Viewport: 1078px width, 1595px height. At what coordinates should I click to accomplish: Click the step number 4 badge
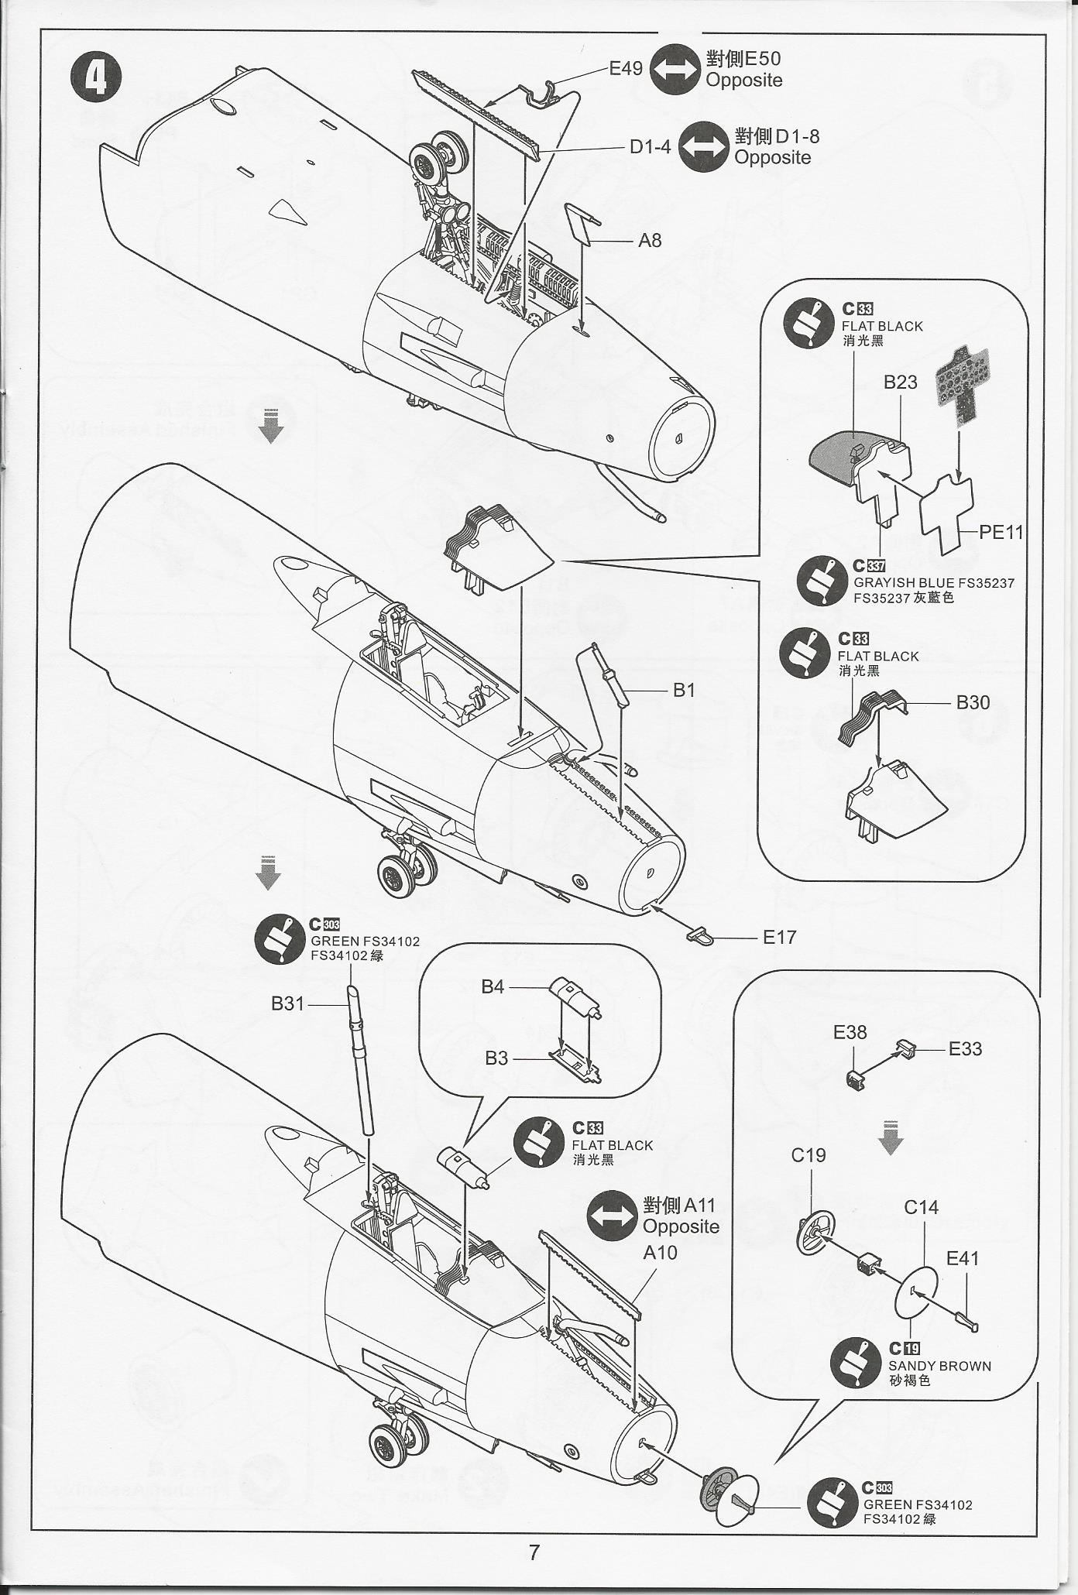[96, 78]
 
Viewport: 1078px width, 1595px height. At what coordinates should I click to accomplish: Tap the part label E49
[626, 69]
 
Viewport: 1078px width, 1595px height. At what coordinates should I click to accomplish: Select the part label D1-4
[650, 146]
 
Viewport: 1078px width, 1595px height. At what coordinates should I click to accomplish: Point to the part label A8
[650, 241]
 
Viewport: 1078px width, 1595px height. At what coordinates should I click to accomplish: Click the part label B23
[900, 382]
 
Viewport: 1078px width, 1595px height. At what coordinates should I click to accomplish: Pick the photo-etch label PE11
[1001, 532]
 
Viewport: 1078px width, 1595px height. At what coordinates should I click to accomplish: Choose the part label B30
[973, 702]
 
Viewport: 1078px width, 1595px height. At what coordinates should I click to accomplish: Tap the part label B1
[684, 690]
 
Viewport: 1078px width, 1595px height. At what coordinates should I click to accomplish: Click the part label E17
[779, 937]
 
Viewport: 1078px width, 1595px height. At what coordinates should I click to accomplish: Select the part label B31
[287, 1003]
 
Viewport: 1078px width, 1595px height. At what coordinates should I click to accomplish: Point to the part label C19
[808, 1155]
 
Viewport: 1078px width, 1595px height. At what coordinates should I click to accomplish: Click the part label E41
[963, 1258]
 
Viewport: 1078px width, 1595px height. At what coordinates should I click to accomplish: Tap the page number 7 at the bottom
[534, 1552]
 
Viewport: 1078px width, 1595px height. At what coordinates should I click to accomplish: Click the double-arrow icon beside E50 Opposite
[675, 70]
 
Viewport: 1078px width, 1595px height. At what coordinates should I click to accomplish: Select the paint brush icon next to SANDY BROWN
[855, 1362]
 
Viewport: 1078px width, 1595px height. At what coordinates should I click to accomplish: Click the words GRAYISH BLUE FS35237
[934, 583]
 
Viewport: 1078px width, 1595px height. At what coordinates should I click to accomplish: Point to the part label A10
[660, 1252]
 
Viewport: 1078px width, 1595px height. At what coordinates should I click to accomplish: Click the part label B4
[493, 986]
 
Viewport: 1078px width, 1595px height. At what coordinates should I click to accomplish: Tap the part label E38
[850, 1032]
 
